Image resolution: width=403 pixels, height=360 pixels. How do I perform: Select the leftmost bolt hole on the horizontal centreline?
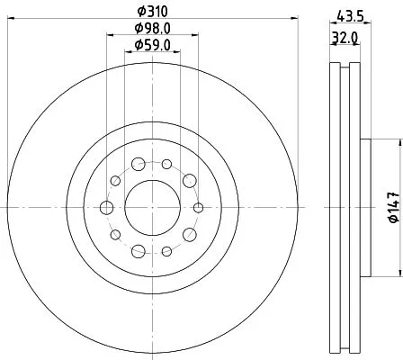pyautogui.click(x=107, y=208)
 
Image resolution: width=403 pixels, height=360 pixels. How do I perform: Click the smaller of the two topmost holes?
pyautogui.click(x=166, y=164)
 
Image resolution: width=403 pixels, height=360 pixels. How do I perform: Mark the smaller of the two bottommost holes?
pyautogui.click(x=166, y=251)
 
